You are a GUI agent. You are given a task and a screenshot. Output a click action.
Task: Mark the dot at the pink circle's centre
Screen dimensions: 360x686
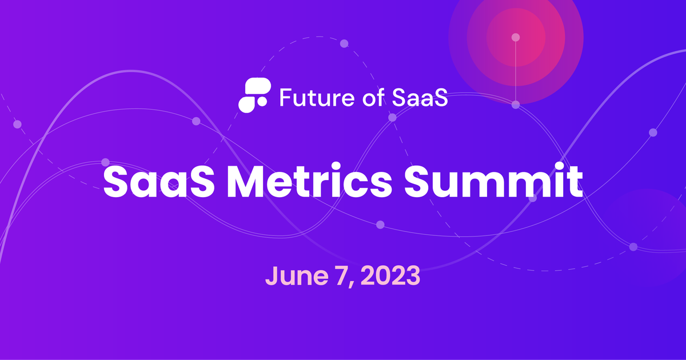[x=516, y=37]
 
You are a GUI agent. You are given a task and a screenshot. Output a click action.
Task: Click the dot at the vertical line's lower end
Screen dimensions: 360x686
[x=516, y=105]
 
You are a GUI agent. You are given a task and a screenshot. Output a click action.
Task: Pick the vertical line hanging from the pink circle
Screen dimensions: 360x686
[x=516, y=71]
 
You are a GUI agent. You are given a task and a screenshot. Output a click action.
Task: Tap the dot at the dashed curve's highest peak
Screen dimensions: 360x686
[x=344, y=43]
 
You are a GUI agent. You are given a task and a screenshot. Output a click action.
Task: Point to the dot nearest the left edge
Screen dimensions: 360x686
[x=17, y=124]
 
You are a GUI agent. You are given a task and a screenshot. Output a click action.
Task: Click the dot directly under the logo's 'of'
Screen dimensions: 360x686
[x=392, y=118]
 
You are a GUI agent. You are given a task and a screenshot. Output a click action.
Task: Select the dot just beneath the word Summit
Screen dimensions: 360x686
[x=533, y=198]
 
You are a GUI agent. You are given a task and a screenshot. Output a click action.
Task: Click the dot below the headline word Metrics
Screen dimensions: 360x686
[x=380, y=224]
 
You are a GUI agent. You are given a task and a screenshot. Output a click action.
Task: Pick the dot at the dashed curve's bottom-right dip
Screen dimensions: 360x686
[x=633, y=247]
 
